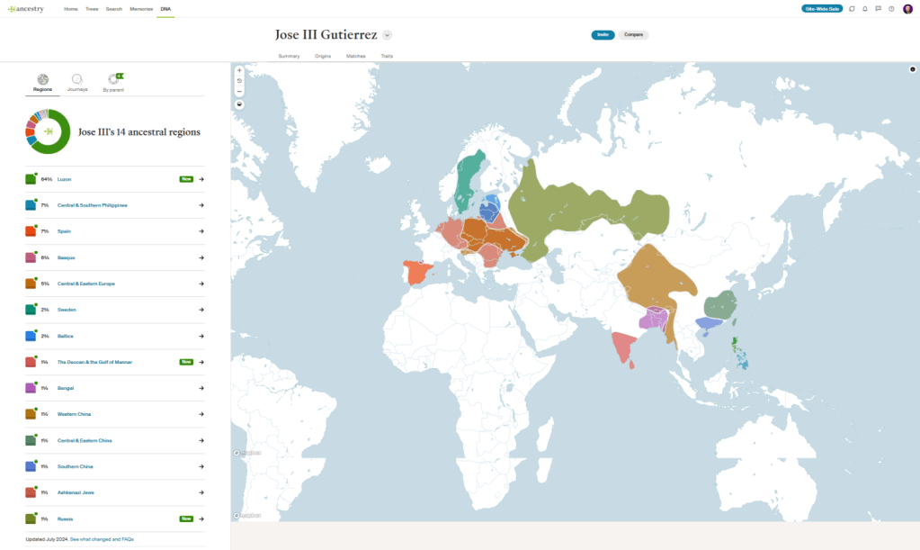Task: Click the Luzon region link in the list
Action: (x=64, y=179)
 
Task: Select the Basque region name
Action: (x=65, y=257)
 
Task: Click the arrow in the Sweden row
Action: (x=201, y=310)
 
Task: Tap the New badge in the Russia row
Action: (x=186, y=518)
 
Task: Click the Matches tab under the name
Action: (x=355, y=56)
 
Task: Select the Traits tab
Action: (x=387, y=56)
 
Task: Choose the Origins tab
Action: (x=323, y=56)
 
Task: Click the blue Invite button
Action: (x=603, y=35)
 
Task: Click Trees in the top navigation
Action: (x=92, y=8)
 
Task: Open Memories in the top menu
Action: (x=141, y=8)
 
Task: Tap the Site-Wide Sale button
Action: (x=822, y=8)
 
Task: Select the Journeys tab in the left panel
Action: (x=77, y=83)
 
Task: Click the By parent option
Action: (x=113, y=83)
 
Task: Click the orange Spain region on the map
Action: (x=417, y=272)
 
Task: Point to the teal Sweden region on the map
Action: (x=468, y=180)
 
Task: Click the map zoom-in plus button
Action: (x=239, y=70)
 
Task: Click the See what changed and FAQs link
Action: (x=102, y=539)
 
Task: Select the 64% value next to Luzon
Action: (x=47, y=179)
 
